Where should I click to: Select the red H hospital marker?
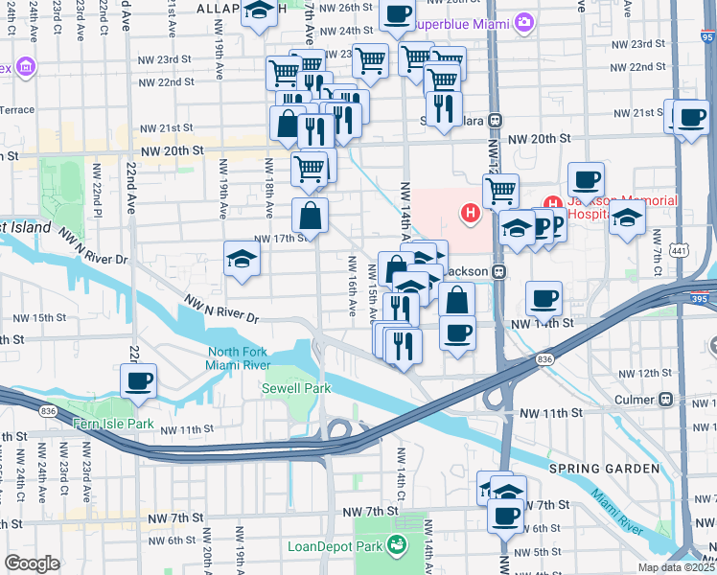tap(471, 213)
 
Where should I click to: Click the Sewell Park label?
tap(296, 388)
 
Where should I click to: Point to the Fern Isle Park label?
tap(113, 423)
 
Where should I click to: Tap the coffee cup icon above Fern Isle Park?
tap(138, 381)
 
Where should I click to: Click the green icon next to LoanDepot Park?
tap(395, 547)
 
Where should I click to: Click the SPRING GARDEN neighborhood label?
tap(604, 469)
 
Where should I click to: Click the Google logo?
tap(32, 563)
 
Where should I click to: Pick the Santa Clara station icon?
tap(496, 122)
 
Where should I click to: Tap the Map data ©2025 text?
tap(676, 567)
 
